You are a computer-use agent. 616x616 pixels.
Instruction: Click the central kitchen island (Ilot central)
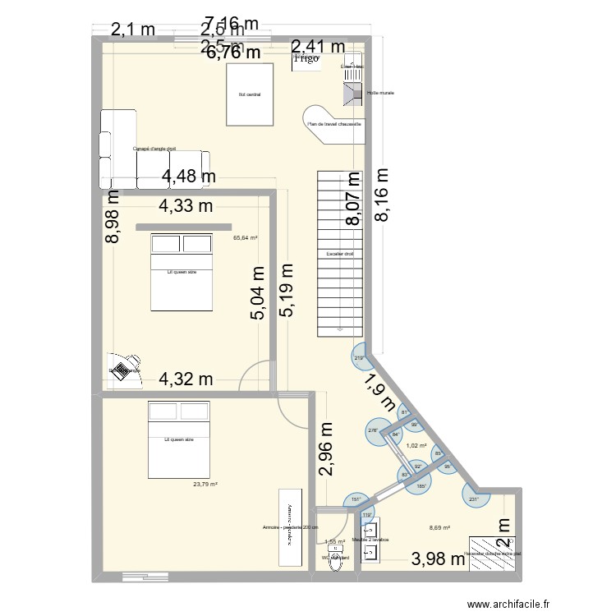point(249,94)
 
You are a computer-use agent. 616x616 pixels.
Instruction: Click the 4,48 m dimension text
point(189,176)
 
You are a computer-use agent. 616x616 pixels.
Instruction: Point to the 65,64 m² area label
point(245,238)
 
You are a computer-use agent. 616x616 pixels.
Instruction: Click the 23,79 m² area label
point(205,484)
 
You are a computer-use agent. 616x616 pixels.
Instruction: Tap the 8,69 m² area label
point(441,529)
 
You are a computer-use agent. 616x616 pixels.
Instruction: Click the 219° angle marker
point(359,358)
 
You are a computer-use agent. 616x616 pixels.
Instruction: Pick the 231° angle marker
point(474,499)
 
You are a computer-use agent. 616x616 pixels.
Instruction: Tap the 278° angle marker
point(372,430)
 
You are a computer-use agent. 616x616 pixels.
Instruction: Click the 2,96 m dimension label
point(327,448)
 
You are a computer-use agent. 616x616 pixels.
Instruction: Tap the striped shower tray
point(490,549)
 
